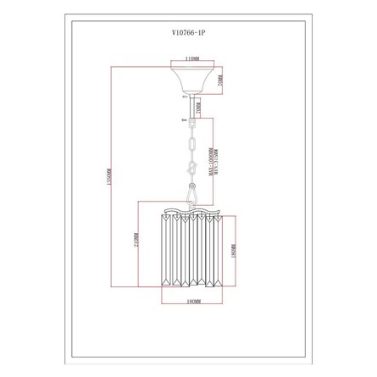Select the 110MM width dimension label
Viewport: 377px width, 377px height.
click(192, 61)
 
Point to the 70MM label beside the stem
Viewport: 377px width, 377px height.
click(197, 108)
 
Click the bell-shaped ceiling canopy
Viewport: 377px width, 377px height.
click(191, 81)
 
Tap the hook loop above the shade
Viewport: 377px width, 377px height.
click(191, 197)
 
